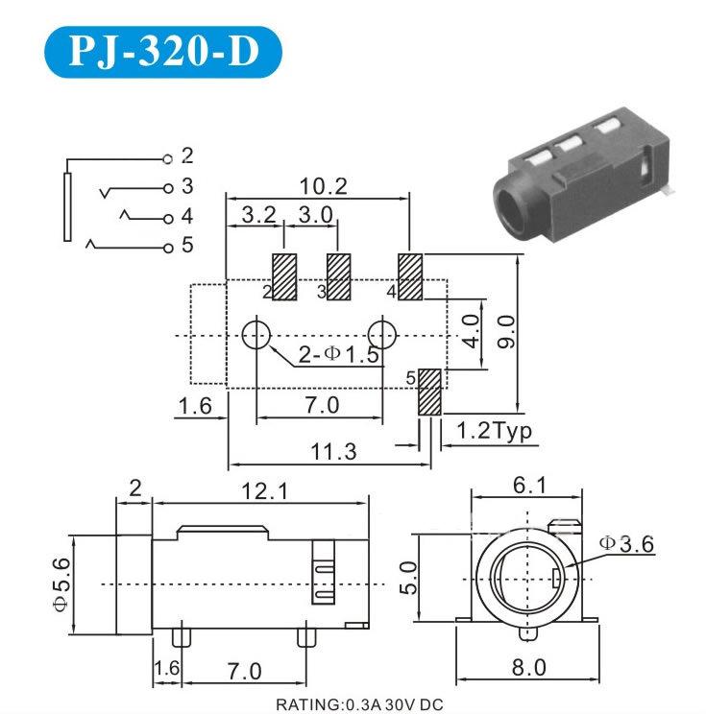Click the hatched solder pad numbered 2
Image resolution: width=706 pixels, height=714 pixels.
[x=285, y=276]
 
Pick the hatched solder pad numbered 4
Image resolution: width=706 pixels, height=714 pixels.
[x=410, y=276]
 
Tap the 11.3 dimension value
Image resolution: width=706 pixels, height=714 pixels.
[x=329, y=451]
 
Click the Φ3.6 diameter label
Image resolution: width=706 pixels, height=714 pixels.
[x=625, y=543]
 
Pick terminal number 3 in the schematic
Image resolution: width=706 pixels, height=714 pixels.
[x=187, y=186]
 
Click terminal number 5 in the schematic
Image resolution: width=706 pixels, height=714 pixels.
[x=187, y=246]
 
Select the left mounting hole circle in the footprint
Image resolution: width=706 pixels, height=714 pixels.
[x=256, y=335]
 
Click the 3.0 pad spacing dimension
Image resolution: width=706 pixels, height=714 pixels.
[x=313, y=213]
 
